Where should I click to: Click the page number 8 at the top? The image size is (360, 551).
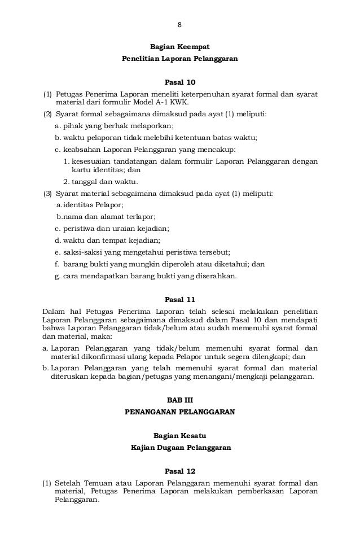click(179, 25)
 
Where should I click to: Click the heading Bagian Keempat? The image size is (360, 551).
click(179, 47)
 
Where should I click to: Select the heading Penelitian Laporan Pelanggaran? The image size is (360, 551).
click(179, 58)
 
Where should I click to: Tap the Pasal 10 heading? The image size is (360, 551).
click(179, 82)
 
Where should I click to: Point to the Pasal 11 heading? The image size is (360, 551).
click(179, 299)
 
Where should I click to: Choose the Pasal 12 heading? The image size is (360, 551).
click(179, 470)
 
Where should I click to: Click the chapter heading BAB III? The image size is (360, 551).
click(179, 400)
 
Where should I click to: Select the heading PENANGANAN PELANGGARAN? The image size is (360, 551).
click(179, 412)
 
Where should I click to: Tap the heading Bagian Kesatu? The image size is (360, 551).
click(179, 436)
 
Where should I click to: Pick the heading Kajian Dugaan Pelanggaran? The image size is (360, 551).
click(179, 447)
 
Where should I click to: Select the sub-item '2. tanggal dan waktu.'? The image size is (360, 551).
click(100, 182)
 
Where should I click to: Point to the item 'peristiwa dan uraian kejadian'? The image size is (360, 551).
click(116, 229)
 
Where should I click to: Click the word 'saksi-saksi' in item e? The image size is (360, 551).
click(79, 252)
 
